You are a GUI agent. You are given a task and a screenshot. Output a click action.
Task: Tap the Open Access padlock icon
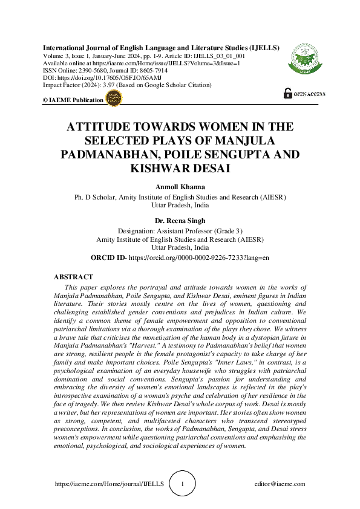[287, 94]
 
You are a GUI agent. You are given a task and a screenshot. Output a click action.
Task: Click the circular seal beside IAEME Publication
[114, 99]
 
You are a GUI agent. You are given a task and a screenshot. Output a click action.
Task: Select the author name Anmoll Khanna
[180, 187]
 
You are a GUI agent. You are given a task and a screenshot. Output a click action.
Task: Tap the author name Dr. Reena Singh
[180, 221]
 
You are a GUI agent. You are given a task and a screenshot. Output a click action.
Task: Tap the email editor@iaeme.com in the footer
[280, 484]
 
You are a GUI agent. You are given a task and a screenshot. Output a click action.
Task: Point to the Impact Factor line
[126, 85]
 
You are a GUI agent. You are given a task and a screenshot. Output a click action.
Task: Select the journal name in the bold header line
[160, 47]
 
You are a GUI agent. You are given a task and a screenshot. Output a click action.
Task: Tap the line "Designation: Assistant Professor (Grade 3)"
[180, 231]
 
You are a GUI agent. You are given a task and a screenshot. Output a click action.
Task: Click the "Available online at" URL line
[142, 63]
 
